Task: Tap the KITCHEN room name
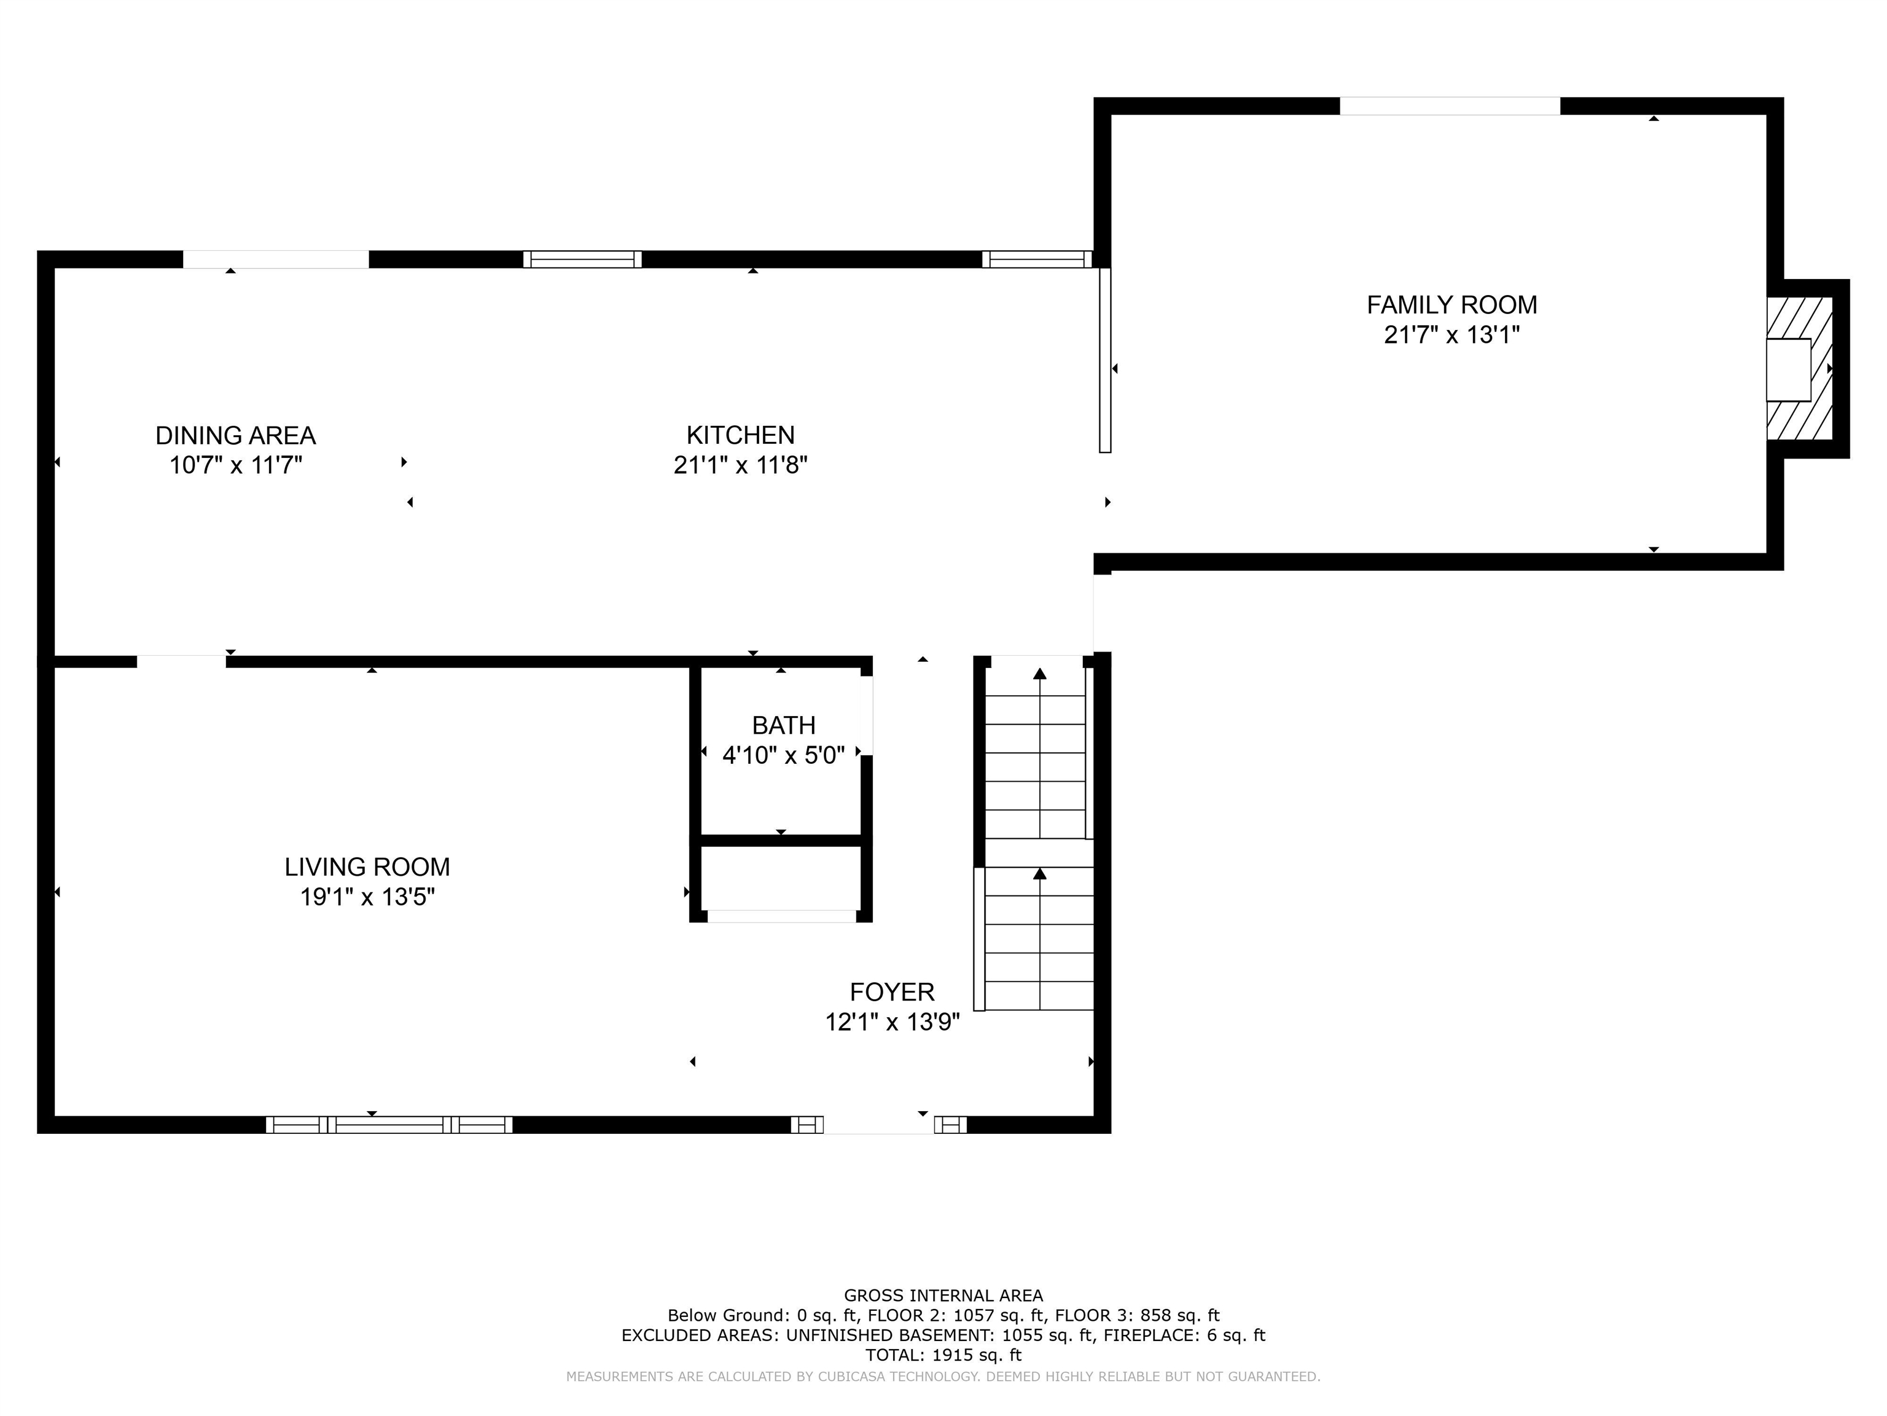click(740, 435)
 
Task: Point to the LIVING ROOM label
click(367, 867)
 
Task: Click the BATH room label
click(783, 725)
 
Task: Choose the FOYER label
click(891, 992)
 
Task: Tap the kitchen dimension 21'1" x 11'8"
click(740, 465)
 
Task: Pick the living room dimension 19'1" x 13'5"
click(367, 897)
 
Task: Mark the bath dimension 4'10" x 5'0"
click(783, 755)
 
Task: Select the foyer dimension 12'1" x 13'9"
click(891, 1021)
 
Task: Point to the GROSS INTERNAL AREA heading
click(943, 1296)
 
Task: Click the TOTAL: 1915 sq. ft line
click(943, 1355)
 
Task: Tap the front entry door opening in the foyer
click(878, 1124)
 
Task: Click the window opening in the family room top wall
click(1450, 106)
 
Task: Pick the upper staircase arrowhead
click(1039, 674)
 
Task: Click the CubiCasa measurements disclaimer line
click(943, 1377)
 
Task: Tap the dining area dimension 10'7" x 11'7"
click(235, 465)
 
